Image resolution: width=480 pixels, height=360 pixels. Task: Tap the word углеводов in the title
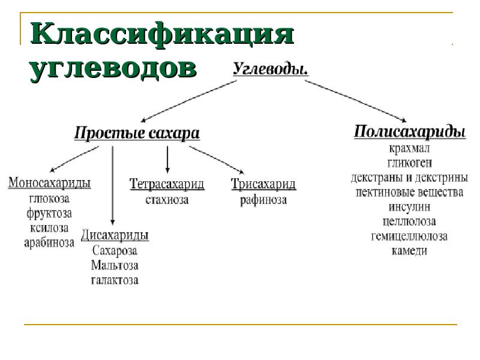(x=113, y=68)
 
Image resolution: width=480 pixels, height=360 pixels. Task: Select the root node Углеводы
(x=271, y=70)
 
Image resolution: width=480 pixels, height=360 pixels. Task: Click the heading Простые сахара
(x=137, y=133)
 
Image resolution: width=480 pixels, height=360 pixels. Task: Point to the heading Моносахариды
(x=49, y=183)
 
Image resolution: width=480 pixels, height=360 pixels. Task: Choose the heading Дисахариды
(x=115, y=235)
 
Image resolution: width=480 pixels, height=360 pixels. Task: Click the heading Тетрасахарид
(x=167, y=184)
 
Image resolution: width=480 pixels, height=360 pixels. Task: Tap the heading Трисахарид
(x=263, y=184)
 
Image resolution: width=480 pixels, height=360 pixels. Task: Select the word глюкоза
(x=49, y=198)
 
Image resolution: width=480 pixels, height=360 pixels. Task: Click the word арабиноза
(x=49, y=243)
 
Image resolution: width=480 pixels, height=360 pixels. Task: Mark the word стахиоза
(x=167, y=200)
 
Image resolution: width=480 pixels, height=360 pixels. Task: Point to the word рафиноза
(x=263, y=200)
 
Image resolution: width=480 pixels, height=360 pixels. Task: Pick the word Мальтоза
(x=115, y=265)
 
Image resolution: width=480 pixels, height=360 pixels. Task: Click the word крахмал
(x=409, y=148)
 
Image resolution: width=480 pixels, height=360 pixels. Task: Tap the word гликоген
(x=409, y=163)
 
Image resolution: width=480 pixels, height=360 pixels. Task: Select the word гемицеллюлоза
(x=409, y=236)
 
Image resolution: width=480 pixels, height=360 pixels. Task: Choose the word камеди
(x=409, y=251)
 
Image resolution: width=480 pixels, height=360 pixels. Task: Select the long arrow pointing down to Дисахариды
(x=113, y=186)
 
